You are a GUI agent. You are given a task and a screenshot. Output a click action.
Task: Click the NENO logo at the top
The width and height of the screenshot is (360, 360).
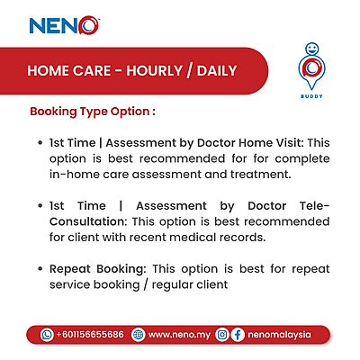[x=64, y=25]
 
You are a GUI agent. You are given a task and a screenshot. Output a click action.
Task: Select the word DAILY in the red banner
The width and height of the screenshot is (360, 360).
[x=211, y=70]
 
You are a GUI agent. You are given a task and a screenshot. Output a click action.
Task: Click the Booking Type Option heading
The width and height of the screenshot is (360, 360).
[x=94, y=113]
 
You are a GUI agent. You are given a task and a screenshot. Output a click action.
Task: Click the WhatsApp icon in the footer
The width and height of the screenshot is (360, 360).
[x=48, y=334]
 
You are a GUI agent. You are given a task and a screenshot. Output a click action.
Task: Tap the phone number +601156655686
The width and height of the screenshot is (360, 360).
[x=90, y=334]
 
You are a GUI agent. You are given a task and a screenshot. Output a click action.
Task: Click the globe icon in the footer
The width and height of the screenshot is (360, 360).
[x=138, y=334]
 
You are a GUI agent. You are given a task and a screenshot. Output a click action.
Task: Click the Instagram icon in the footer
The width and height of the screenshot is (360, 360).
[x=221, y=334]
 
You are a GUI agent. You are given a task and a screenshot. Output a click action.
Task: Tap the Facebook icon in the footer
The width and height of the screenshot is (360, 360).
[x=238, y=334]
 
